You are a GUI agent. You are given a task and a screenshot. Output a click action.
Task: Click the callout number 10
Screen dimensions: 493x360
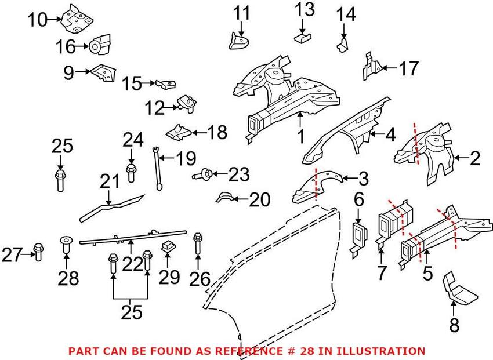[x=37, y=20]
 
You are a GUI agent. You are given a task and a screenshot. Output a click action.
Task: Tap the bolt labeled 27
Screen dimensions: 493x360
[x=38, y=252]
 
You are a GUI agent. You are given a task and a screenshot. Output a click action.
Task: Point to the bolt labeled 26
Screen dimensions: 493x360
[x=198, y=243]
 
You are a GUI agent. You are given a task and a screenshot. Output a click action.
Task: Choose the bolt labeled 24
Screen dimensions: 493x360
[x=131, y=172]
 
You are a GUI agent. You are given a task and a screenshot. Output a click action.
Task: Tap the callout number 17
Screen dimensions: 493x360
[x=409, y=68]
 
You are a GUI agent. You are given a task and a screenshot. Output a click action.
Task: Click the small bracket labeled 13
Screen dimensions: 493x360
[x=302, y=38]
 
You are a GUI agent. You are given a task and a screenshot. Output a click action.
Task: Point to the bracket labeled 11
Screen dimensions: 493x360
[x=238, y=42]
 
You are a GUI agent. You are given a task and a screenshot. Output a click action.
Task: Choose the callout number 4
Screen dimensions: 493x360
[x=390, y=135]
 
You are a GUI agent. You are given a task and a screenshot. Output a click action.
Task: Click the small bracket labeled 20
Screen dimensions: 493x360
[x=225, y=198]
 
